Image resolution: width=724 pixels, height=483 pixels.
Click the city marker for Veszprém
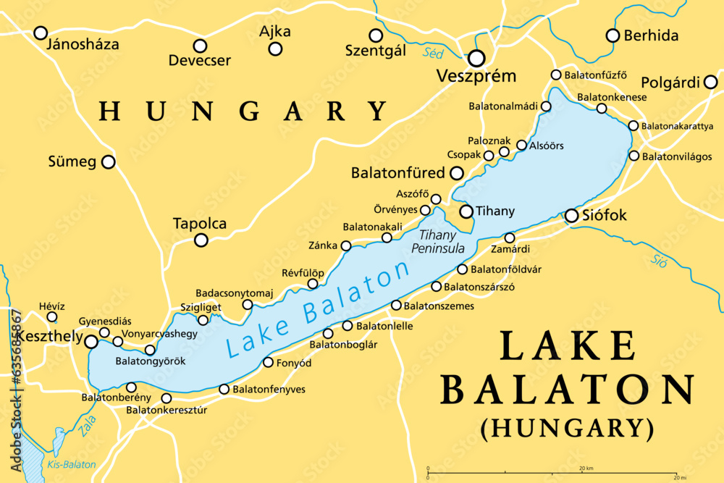coord(476,58)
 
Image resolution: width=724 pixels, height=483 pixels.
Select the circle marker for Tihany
coord(466,211)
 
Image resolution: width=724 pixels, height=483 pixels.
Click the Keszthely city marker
coord(91,341)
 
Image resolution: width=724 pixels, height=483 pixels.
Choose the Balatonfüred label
coord(397,174)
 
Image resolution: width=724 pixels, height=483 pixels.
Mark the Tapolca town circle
coord(201,240)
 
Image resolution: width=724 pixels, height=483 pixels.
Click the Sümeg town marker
coord(108,162)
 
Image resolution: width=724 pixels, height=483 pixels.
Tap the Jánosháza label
coord(82,45)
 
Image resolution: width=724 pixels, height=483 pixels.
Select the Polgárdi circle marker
coord(710,83)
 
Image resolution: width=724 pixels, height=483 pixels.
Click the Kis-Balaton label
coord(61,463)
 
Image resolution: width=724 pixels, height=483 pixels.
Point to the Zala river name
coord(87,427)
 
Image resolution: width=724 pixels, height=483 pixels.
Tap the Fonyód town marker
coord(268,362)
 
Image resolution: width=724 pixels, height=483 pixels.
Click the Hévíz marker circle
coord(52,316)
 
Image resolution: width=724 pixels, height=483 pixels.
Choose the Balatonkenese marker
coord(602,109)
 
